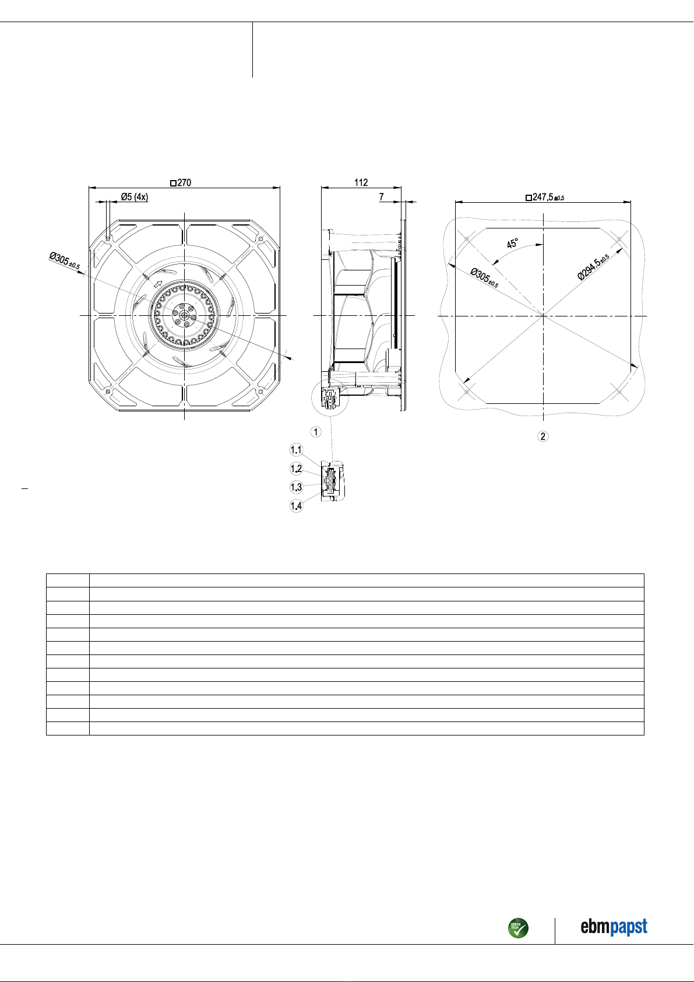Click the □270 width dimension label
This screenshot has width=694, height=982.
click(x=181, y=183)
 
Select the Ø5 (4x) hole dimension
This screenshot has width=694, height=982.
click(x=135, y=197)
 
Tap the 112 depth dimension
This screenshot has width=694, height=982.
click(x=361, y=182)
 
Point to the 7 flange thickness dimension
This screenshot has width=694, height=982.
click(x=382, y=197)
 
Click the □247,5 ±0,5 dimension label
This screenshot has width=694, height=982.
click(x=545, y=198)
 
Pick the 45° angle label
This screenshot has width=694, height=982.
click(x=513, y=243)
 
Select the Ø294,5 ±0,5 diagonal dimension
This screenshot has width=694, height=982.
click(x=593, y=266)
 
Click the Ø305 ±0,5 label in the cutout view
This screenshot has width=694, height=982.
click(x=484, y=278)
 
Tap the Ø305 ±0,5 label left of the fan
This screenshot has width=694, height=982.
click(x=64, y=261)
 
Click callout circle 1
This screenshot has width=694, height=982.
click(x=316, y=432)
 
